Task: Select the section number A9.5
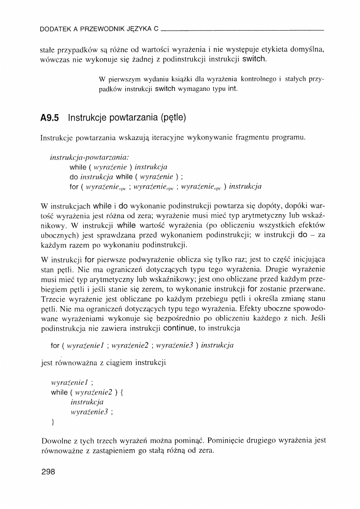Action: click(x=50, y=118)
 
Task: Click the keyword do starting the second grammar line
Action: click(x=74, y=177)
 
